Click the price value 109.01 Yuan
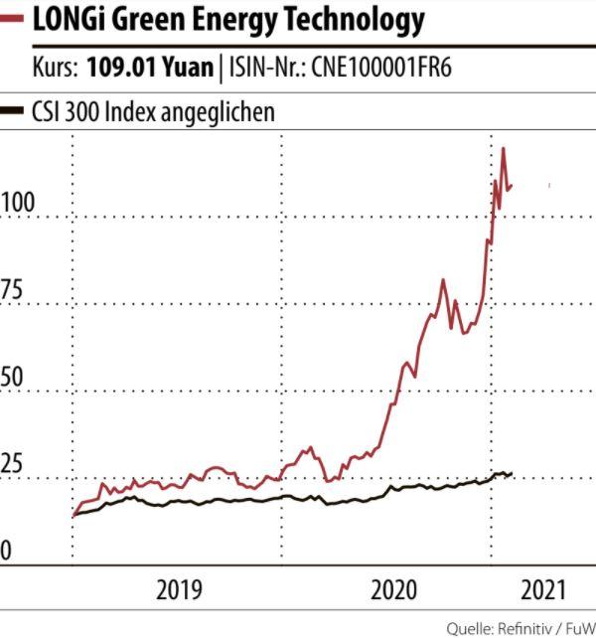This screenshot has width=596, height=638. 150,68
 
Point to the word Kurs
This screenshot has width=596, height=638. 55,68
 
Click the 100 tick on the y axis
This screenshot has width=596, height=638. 18,203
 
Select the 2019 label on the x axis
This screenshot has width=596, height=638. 179,590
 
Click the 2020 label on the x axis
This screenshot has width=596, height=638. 393,590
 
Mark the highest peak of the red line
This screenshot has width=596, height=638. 504,149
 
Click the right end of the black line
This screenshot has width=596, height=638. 512,474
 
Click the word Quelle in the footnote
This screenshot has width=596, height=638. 469,628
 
